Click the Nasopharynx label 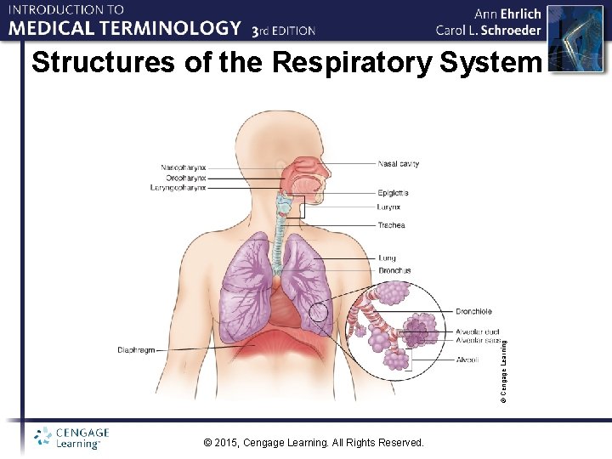(183, 167)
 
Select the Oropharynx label (184, 178)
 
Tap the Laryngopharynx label (179, 188)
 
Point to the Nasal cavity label (398, 162)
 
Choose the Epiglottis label (394, 194)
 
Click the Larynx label (389, 207)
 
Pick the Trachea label (392, 225)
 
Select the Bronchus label (394, 270)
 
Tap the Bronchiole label (473, 312)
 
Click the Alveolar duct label (478, 331)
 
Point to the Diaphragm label (136, 350)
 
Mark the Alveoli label (467, 360)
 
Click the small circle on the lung (319, 312)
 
